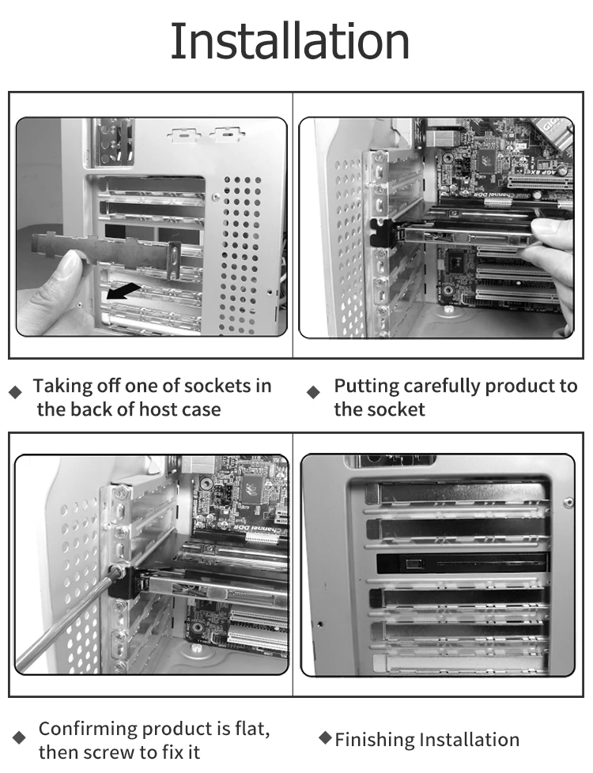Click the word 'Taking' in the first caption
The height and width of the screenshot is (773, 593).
pos(61,386)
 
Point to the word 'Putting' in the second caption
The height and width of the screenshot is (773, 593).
pos(365,386)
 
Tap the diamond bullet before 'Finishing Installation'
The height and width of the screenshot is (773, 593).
pos(324,738)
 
